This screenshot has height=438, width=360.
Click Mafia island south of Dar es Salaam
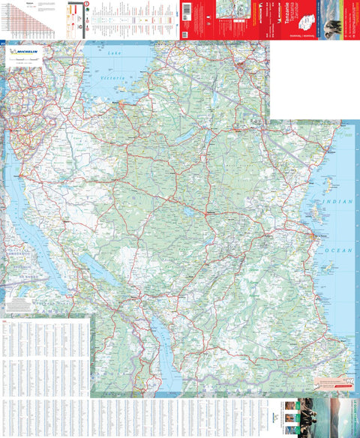(328, 266)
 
